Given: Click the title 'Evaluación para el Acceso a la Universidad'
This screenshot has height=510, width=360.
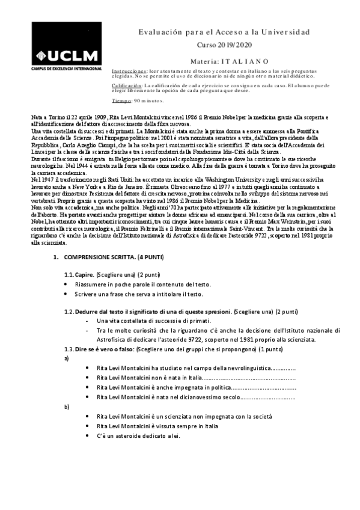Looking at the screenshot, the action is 224,32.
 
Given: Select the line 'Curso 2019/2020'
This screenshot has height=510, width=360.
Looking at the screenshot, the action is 224,45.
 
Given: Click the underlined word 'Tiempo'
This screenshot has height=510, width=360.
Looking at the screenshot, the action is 120,101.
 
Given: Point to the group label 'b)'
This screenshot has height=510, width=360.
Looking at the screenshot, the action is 66,407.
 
